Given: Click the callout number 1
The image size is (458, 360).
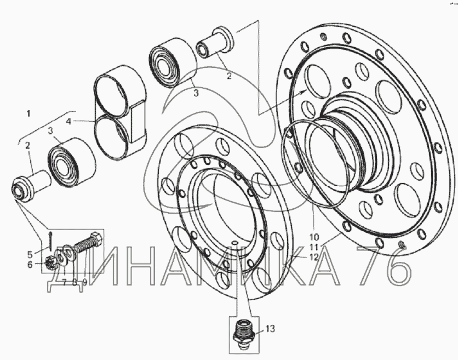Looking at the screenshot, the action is tap(28, 113).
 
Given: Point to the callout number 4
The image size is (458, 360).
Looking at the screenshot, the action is tap(68, 121).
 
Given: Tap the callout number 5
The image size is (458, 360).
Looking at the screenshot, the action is tap(30, 254).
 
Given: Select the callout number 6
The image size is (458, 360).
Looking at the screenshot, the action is tap(30, 265).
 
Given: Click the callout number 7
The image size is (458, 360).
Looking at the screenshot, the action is tap(64, 282).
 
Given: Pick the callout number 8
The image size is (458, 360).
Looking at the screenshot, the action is tap(75, 282).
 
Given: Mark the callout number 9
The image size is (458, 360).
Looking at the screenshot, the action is tap(85, 282).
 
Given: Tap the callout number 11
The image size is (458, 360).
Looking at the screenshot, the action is tap(314, 247).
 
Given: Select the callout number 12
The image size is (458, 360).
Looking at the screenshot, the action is tap(313, 257).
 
